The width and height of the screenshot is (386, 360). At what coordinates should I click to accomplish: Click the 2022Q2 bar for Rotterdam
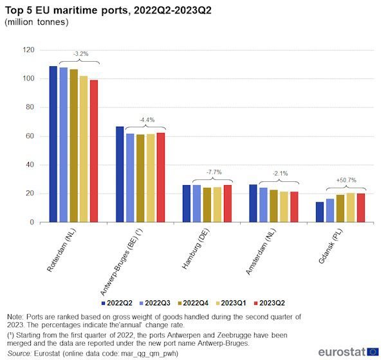pos(53,145)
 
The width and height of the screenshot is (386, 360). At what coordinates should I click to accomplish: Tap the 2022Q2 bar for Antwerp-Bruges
pos(120,174)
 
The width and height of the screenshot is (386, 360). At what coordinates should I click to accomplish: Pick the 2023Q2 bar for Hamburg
pos(227,204)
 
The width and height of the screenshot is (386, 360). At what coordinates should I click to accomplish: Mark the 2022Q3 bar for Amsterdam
pos(263,205)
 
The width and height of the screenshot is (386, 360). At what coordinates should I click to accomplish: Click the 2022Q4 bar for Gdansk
pos(340,208)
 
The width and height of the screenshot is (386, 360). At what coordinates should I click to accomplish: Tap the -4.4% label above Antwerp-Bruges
pos(146,120)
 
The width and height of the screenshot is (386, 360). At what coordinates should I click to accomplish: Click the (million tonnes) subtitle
pos(36,22)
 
